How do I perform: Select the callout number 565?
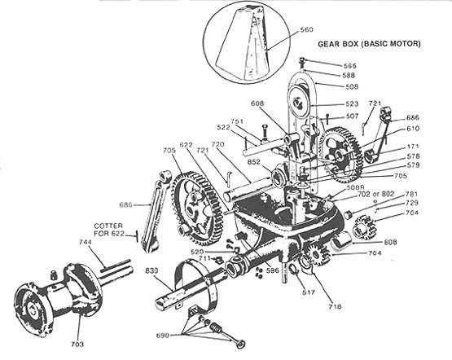327,64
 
